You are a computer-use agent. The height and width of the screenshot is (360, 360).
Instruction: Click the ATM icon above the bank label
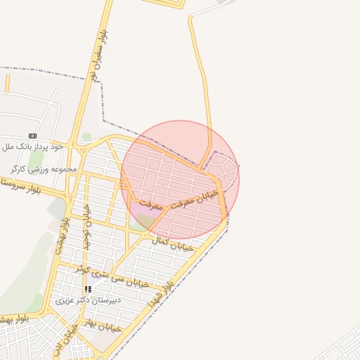[x=32, y=136]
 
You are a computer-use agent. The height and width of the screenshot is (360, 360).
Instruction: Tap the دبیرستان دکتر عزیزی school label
[x=89, y=300]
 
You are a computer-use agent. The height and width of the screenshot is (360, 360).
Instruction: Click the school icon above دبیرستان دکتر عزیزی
[x=88, y=289]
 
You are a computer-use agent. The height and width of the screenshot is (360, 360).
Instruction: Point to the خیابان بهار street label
[x=103, y=325]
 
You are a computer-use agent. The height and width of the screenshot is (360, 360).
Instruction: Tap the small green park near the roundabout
[x=86, y=137]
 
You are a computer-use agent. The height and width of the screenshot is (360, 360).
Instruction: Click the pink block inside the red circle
[x=141, y=210]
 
